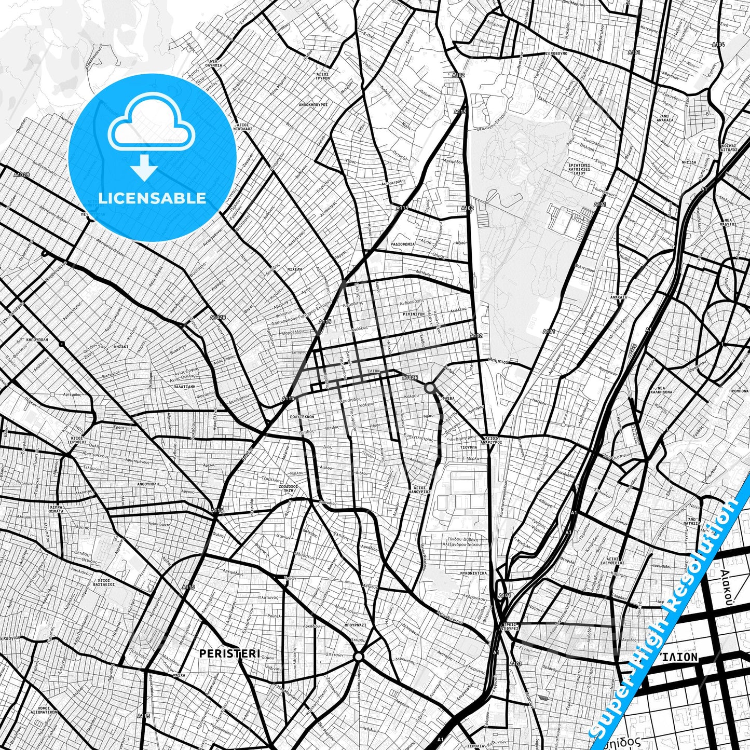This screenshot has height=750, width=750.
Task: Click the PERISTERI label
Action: [229, 653]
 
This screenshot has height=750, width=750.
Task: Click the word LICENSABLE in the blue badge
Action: [152, 198]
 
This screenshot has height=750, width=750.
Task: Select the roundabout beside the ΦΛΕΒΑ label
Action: [430, 387]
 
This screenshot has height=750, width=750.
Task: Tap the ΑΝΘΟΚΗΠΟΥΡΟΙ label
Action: [313, 104]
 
